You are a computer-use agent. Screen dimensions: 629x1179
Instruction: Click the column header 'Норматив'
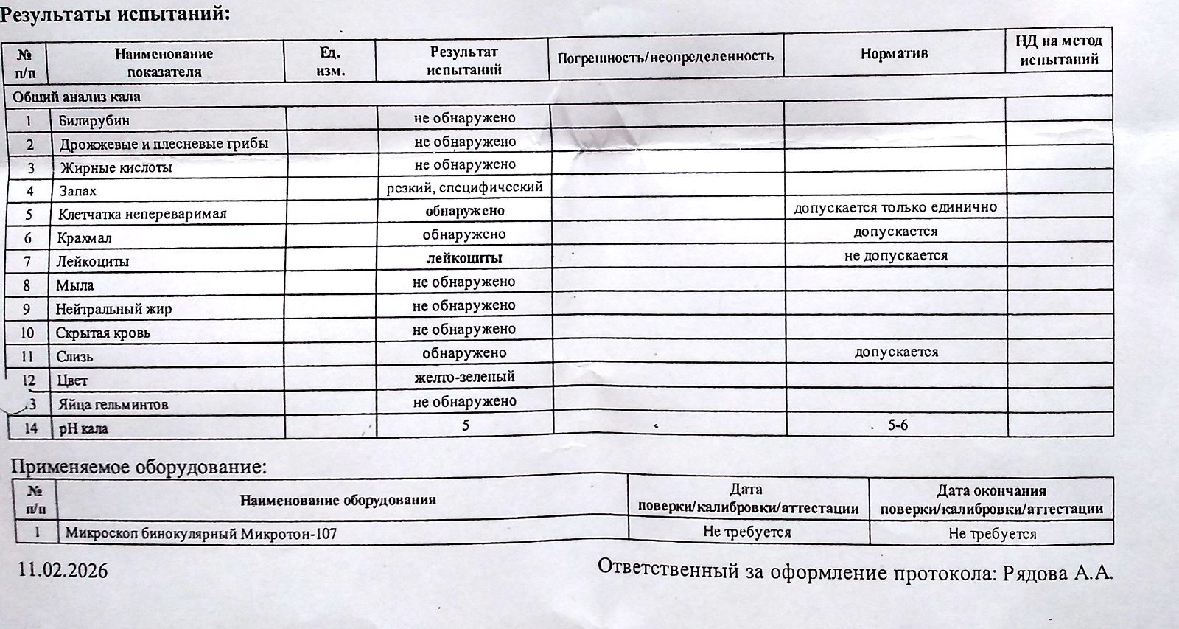tap(894, 54)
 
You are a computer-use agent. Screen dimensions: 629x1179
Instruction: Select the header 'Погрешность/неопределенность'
tap(665, 56)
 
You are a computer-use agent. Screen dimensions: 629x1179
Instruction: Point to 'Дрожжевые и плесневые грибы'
tap(164, 144)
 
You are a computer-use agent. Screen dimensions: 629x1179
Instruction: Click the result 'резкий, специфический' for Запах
tap(465, 187)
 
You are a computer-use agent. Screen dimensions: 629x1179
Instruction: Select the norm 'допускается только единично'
tap(895, 208)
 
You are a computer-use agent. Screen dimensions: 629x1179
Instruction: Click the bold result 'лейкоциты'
tap(464, 258)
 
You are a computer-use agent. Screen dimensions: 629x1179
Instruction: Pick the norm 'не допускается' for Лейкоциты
tap(895, 256)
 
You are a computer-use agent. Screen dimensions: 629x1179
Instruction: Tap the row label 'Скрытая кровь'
tap(103, 333)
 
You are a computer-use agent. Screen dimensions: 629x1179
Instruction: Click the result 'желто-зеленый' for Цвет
tap(464, 377)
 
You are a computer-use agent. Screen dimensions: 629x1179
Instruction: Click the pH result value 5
tap(466, 425)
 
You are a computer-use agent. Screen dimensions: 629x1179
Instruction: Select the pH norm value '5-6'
tap(898, 425)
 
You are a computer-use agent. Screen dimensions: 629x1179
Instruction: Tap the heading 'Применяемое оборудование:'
tap(138, 467)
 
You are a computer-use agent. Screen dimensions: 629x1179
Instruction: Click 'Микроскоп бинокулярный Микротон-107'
tap(200, 532)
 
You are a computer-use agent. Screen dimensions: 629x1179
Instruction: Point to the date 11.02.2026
tap(63, 570)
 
